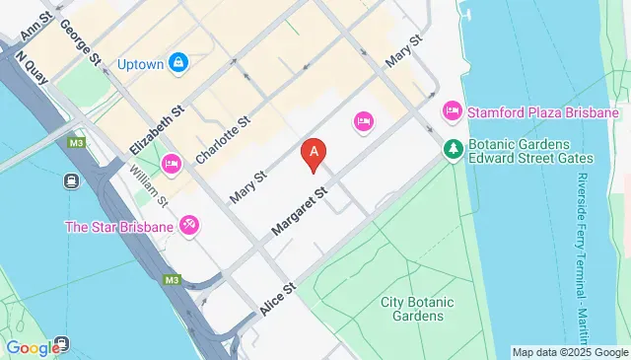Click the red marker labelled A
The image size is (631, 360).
314,153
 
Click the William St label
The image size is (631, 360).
149,186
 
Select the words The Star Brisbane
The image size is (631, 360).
119,227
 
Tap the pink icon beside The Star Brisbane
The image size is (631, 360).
190,226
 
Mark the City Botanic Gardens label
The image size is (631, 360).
412,308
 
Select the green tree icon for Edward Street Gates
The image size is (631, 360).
453,149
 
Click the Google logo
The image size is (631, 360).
32,347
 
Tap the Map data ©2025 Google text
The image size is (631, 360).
570,352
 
